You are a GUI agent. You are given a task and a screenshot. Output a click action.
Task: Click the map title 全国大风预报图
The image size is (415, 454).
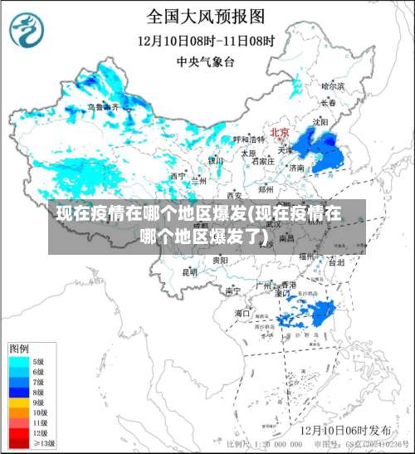click(x=206, y=16)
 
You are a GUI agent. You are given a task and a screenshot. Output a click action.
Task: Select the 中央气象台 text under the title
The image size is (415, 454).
click(x=206, y=61)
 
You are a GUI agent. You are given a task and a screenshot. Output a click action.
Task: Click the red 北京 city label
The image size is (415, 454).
click(x=279, y=133)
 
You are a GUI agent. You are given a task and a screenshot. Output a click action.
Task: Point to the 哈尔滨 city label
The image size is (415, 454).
click(x=332, y=85)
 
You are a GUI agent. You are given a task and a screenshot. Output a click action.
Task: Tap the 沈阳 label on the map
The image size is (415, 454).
click(x=320, y=121)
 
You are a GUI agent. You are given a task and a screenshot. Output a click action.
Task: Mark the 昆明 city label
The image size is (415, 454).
click(x=190, y=271)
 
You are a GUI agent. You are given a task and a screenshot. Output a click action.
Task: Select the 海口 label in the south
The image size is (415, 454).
click(x=242, y=313)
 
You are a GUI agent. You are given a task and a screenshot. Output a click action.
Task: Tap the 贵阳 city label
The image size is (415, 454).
click(x=220, y=260)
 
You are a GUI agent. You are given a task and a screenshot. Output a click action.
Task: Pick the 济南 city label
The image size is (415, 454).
click(x=296, y=168)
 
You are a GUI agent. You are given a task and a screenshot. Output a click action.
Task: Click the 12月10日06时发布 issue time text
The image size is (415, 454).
click(x=346, y=430)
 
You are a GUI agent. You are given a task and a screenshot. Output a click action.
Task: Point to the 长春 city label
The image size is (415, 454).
click(x=329, y=103)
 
